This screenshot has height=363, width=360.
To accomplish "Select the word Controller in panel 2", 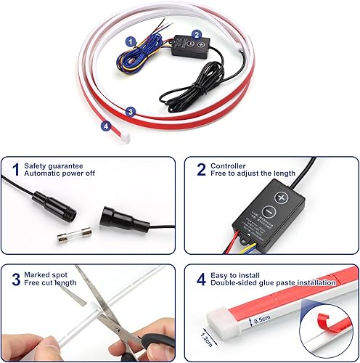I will click(228, 166).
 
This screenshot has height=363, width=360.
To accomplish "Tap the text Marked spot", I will click(45, 274).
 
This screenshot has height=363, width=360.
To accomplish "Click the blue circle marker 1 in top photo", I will click(131, 42).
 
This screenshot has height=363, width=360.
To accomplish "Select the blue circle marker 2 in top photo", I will click(196, 34).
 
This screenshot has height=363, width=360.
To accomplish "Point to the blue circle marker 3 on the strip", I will click(130, 112).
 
